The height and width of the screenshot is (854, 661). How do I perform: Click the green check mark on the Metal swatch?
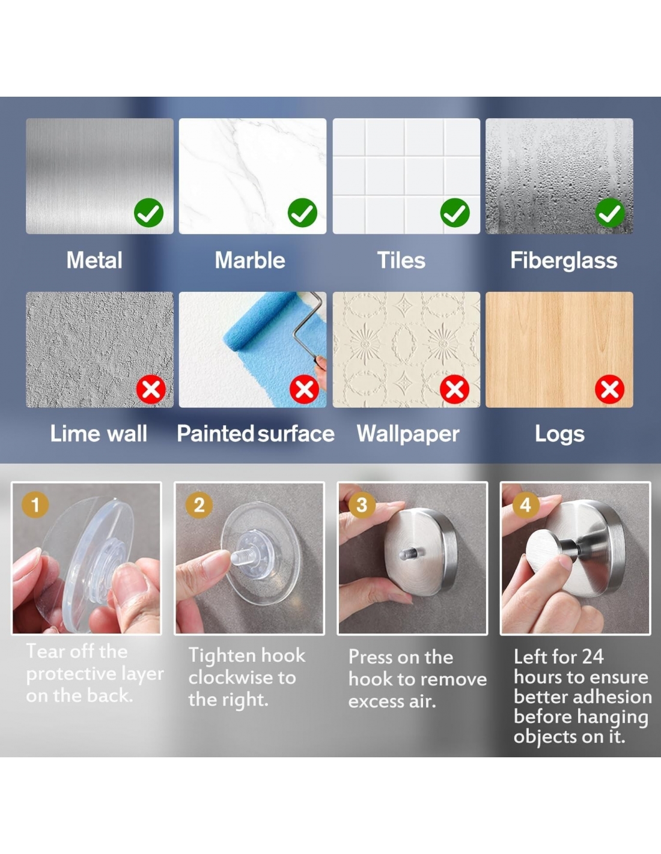point(148,213)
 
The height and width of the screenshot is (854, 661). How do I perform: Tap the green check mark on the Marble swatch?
point(302,213)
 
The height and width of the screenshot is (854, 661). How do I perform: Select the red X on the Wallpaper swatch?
point(454,390)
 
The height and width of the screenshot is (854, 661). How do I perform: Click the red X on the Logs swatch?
point(609,390)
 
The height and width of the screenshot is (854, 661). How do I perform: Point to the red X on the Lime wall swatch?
point(151,390)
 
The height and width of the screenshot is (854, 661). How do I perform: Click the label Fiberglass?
point(564,261)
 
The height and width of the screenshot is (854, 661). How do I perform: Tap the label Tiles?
point(401,261)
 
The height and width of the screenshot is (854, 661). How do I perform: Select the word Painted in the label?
point(215,434)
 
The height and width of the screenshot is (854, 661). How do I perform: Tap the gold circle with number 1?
point(35,505)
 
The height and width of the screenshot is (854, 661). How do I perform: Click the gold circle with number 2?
point(199,505)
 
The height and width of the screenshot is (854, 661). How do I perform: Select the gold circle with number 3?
point(361,505)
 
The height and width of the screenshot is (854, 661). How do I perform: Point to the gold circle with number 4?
point(526,505)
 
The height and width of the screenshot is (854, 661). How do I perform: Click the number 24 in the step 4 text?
point(592,656)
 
